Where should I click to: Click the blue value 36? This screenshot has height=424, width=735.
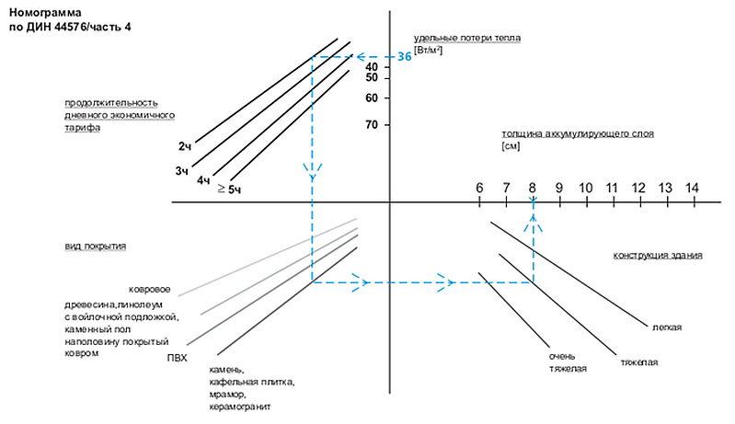pos(405,57)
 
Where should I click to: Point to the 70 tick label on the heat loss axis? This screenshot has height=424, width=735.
pos(372,124)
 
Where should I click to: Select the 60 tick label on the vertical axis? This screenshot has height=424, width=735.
pos(372,97)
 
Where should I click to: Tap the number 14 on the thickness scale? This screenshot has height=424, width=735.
pos(692,188)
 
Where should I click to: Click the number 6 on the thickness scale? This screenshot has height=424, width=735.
pos(479,188)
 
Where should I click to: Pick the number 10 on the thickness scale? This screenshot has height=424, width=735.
pos(585,188)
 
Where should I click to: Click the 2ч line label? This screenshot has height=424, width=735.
pos(185,146)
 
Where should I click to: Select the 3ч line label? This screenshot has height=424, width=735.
pos(182,171)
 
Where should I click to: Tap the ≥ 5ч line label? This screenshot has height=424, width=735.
pos(230,189)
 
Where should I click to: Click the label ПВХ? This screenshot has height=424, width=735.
pos(178,359)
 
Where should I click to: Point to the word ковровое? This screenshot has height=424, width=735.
pos(150,290)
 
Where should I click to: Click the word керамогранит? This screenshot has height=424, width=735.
pos(240,407)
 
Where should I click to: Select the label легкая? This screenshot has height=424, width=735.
pos(667,327)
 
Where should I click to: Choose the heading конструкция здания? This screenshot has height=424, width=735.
pos(658,256)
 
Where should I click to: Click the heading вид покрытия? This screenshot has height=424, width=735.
pos(95,246)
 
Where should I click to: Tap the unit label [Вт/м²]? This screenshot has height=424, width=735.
pos(428,51)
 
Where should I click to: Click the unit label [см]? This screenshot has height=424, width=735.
pos(511,146)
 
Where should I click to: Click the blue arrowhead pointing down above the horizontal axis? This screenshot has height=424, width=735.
pos(312,172)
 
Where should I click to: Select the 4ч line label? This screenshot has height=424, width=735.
pos(203,180)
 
